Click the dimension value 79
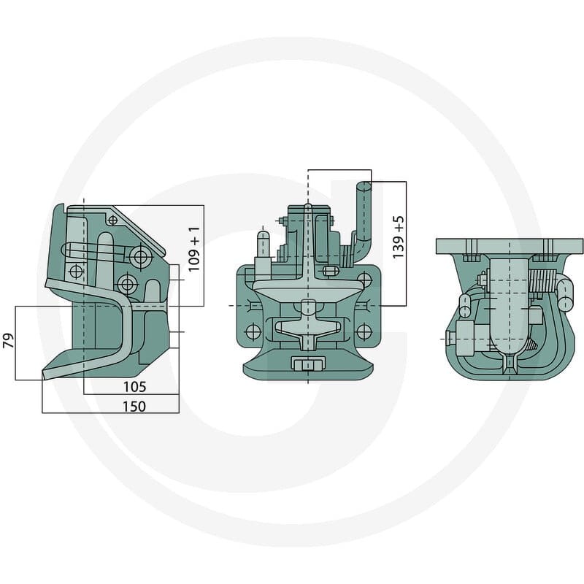point(8,340)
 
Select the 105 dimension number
point(135,387)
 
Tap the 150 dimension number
point(134,407)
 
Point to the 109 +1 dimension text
point(194,249)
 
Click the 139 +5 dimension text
point(398,237)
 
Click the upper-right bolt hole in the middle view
point(364,280)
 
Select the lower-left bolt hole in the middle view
point(253,331)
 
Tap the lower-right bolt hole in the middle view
point(364,331)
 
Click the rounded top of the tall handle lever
point(364,185)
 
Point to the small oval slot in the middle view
point(328,270)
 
